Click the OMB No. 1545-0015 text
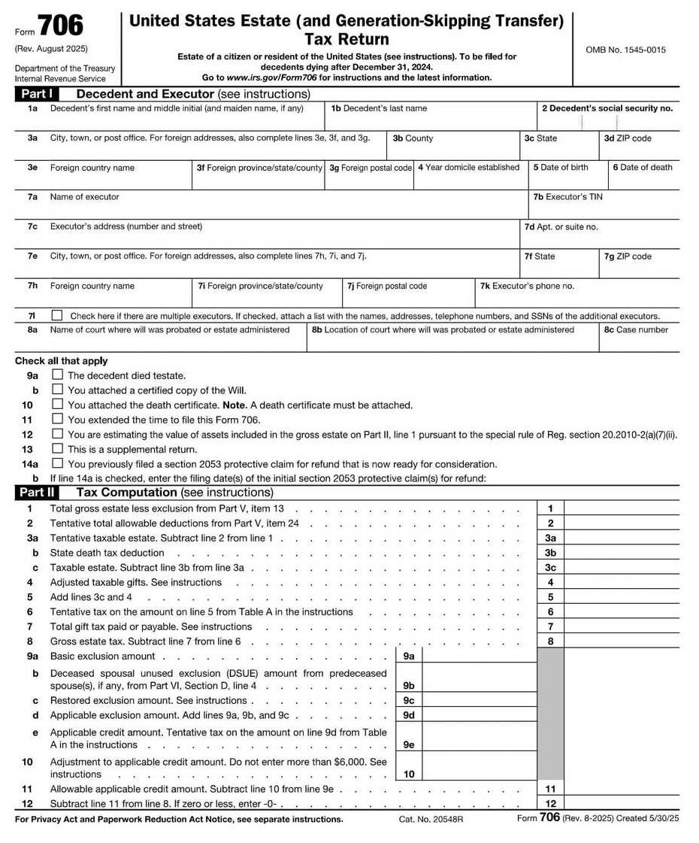625,50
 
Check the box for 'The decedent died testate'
57,374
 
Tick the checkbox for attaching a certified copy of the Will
57,390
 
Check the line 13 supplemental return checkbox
57,449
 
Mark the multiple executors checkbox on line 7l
57,316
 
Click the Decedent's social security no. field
607,118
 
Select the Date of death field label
643,168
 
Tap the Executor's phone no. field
577,296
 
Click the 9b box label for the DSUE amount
409,686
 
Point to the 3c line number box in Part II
550,568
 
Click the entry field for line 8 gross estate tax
621,641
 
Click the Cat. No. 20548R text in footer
431,819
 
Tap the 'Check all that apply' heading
61,361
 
